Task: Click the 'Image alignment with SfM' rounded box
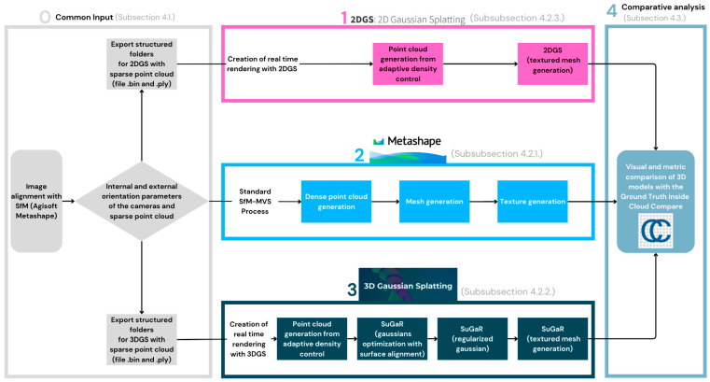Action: click(x=36, y=201)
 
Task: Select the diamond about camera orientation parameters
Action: click(x=142, y=201)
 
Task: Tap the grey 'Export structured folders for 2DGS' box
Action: click(x=142, y=64)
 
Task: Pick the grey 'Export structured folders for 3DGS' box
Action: click(x=142, y=339)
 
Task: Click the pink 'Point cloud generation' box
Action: click(x=408, y=64)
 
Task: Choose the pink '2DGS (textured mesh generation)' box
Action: click(x=552, y=64)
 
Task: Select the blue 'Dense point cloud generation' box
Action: click(x=337, y=202)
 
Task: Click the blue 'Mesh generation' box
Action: click(x=434, y=202)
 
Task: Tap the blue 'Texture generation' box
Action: click(x=533, y=202)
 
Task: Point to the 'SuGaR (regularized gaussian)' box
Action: click(x=472, y=339)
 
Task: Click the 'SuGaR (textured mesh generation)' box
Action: click(x=552, y=339)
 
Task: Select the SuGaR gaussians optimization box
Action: click(x=392, y=339)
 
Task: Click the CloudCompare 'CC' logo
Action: click(x=655, y=231)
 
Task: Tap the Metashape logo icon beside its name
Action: click(x=378, y=141)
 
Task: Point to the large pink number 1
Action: click(x=344, y=18)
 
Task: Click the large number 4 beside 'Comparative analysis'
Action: click(x=612, y=10)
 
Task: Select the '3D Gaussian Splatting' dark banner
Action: click(x=408, y=285)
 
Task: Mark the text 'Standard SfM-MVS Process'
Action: click(x=255, y=201)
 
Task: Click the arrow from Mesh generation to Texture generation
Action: click(x=483, y=202)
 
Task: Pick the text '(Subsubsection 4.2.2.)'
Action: click(x=508, y=291)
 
